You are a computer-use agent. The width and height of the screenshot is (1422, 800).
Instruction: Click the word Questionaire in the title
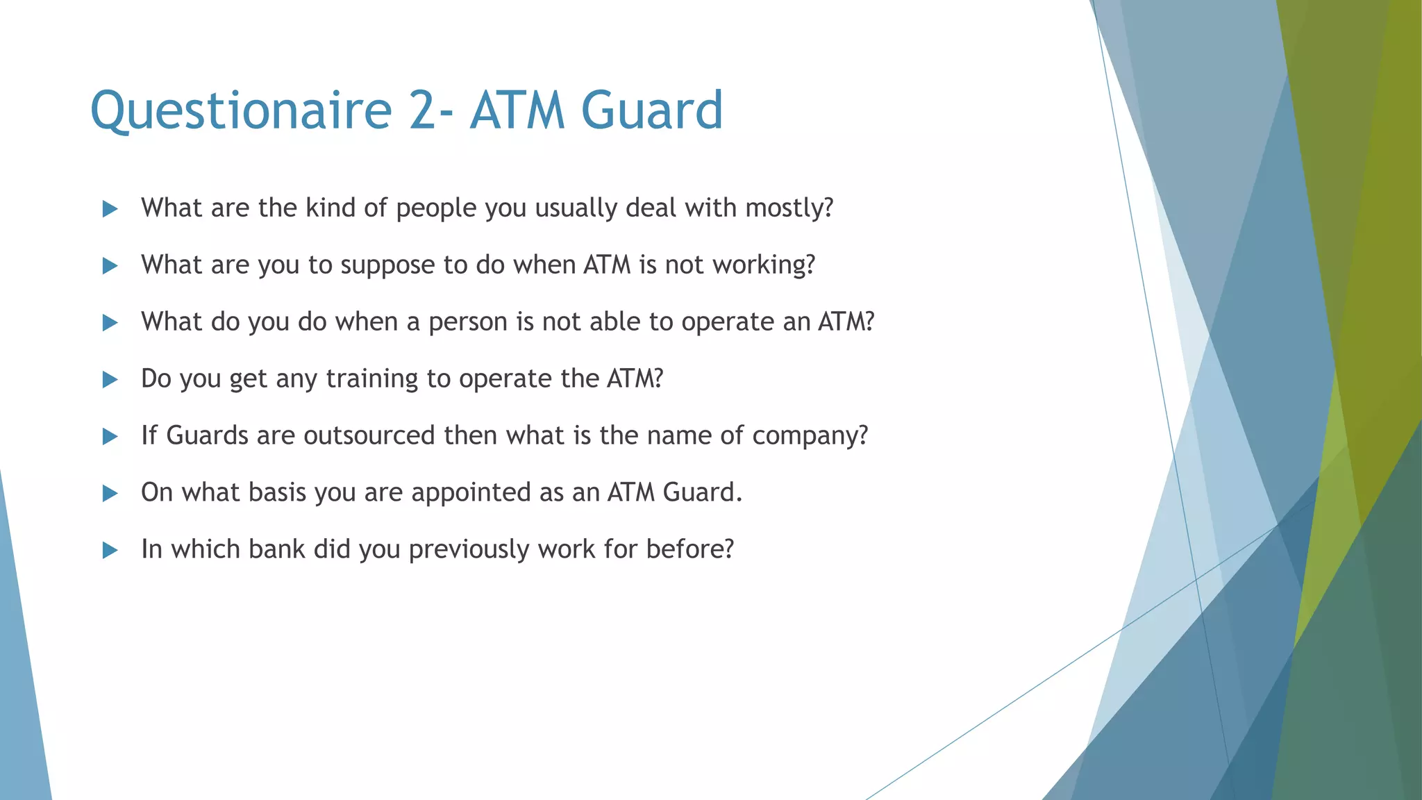click(241, 111)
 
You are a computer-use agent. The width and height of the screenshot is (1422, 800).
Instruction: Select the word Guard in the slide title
click(652, 111)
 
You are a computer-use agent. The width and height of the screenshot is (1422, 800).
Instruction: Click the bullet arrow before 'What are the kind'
click(110, 209)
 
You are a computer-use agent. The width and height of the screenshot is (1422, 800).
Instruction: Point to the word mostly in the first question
click(789, 208)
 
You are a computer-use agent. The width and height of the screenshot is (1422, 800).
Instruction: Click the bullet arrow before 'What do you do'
click(110, 323)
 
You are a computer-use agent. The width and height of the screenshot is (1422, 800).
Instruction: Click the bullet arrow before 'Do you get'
click(110, 380)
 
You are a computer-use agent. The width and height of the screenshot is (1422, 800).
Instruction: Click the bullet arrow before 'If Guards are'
click(110, 437)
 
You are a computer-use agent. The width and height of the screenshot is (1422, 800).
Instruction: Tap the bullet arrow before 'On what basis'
click(110, 494)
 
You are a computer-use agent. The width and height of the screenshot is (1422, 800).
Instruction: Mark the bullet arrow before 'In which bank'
click(110, 551)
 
